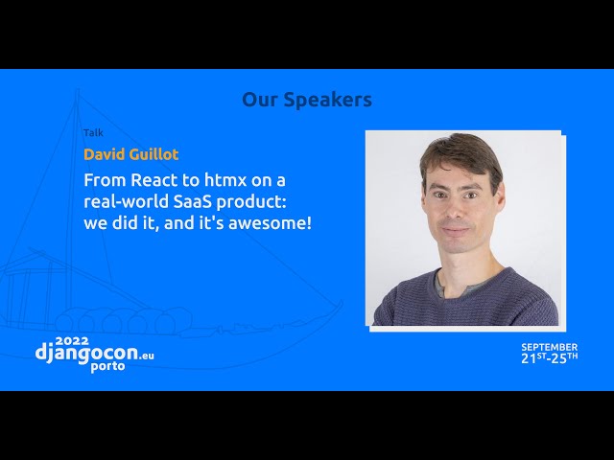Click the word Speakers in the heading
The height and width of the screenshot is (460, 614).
tap(327, 100)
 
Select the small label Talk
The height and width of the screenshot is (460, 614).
tap(93, 133)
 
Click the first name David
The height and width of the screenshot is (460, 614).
tap(105, 154)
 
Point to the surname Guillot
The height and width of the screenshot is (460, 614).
tap(153, 154)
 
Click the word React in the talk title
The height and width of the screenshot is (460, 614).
tap(154, 180)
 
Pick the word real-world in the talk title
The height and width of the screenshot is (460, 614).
tap(126, 202)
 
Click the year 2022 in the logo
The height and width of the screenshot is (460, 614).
tap(72, 341)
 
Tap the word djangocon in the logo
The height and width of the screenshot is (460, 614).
tap(86, 353)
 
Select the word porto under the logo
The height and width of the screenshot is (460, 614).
tap(107, 366)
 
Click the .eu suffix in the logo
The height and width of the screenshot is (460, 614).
tap(147, 356)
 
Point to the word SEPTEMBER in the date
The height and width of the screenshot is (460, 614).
tap(549, 347)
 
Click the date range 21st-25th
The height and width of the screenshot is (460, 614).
tap(549, 358)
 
